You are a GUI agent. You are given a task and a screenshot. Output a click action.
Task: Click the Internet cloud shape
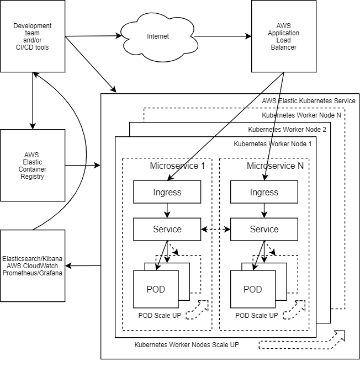coord(157,37)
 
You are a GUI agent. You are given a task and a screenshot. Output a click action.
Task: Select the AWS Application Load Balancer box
coord(287,36)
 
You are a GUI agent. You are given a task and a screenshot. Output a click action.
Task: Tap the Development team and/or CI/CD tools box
coord(33,36)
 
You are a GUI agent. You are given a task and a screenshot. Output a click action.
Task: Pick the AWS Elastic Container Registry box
coord(33,166)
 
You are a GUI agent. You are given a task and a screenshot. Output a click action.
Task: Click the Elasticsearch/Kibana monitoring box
coord(33,266)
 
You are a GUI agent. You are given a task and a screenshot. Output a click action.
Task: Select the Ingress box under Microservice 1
coord(167,193)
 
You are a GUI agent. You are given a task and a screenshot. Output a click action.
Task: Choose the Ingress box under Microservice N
coord(264,193)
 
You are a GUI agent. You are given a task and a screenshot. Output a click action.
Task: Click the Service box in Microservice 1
coord(167,229)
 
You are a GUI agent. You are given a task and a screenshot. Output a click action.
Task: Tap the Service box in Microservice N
coord(264,229)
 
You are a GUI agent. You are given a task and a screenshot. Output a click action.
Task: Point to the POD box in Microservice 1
coord(155,289)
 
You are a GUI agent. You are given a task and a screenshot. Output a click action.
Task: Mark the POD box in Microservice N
coord(252,289)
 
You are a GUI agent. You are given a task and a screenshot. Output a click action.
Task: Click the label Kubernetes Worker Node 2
coord(287,130)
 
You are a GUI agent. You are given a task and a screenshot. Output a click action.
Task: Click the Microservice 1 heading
coord(178,166)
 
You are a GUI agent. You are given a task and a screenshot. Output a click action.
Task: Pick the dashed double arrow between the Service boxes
coord(215,229)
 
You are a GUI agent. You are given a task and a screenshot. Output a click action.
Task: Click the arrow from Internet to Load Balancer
coord(221,37)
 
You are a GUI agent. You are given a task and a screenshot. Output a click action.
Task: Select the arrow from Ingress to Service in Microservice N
coord(264,210)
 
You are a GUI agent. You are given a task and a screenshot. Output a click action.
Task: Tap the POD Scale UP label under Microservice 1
coord(160,316)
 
